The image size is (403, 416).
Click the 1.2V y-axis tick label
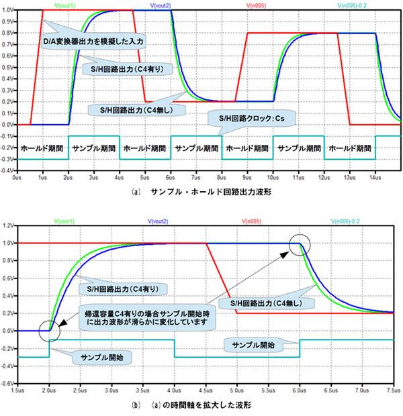point(9,225)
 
